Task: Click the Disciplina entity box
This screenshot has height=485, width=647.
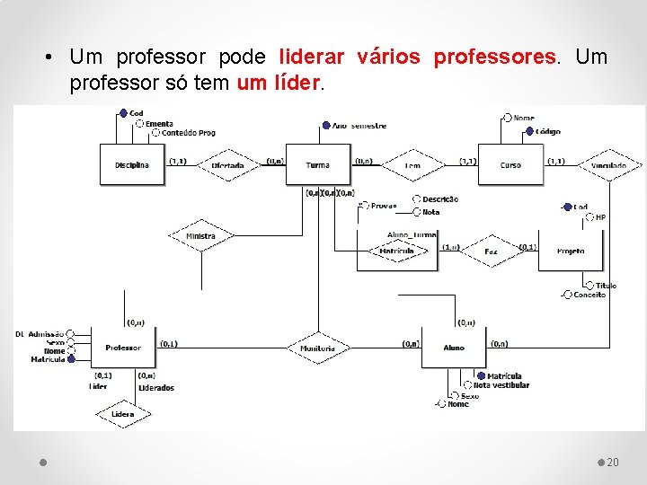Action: tap(132, 165)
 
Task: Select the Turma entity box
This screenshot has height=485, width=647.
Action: tap(317, 165)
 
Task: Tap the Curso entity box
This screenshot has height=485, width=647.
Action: tap(510, 165)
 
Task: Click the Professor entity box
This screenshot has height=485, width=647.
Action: tap(123, 348)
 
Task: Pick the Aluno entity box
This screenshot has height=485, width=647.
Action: tap(454, 348)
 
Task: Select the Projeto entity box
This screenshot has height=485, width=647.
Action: tap(571, 251)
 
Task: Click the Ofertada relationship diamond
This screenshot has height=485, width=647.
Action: tap(227, 165)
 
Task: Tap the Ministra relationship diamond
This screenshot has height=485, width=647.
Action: tap(201, 236)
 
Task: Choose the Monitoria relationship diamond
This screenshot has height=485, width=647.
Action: tap(318, 348)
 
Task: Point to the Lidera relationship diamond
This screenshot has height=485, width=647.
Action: tap(123, 414)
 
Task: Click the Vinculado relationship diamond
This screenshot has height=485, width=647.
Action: tap(609, 165)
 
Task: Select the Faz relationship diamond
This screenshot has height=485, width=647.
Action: tap(491, 251)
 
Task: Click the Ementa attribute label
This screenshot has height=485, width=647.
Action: tap(159, 123)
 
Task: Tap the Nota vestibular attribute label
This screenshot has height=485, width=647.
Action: tap(501, 385)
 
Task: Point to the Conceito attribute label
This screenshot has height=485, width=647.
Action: tap(589, 295)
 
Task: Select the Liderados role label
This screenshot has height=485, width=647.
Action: tap(156, 388)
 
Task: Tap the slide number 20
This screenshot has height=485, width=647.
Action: tap(613, 462)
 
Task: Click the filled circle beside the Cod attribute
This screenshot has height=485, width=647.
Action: tap(123, 113)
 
